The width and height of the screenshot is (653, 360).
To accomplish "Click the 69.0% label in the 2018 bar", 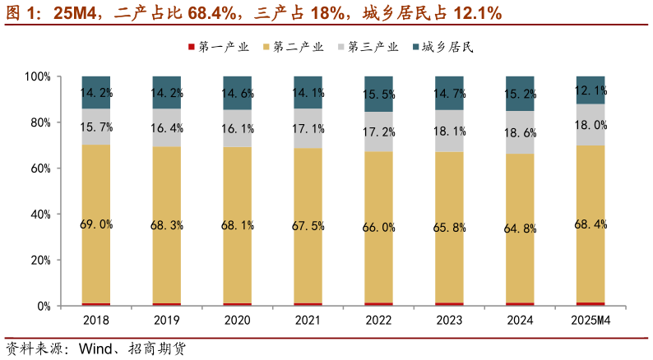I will pyautogui.click(x=96, y=224).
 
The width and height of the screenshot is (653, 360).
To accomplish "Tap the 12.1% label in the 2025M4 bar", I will pyautogui.click(x=590, y=90).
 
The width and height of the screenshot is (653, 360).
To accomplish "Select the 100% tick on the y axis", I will pyautogui.click(x=38, y=76).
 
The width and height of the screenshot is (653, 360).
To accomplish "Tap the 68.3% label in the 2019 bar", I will pyautogui.click(x=167, y=224).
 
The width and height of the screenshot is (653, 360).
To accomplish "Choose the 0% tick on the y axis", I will pyautogui.click(x=44, y=306).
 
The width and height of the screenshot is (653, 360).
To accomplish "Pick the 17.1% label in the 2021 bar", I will pyautogui.click(x=308, y=129).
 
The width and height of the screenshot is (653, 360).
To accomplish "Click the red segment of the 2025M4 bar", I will pyautogui.click(x=590, y=304).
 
